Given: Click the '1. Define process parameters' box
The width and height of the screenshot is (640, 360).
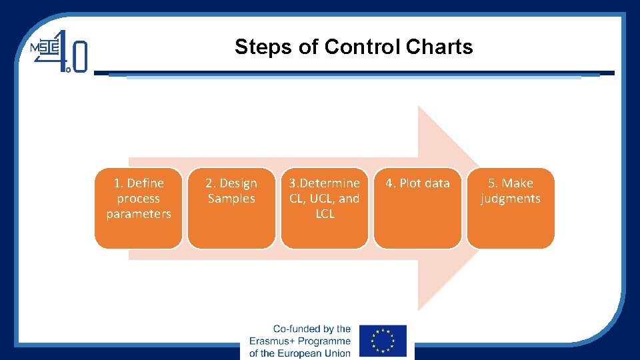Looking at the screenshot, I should pos(139,208).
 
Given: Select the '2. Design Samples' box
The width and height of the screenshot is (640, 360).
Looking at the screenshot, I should pos(231,208).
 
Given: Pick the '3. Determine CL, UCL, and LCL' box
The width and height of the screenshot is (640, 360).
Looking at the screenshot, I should pos(325,208).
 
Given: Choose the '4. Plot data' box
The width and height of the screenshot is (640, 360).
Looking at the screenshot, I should pos(417,208).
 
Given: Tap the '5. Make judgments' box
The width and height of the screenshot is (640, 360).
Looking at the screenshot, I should pos(511,208).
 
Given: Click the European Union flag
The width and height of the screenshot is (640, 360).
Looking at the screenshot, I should pos(383,341).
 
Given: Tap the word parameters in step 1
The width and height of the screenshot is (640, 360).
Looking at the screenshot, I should pos(139,214).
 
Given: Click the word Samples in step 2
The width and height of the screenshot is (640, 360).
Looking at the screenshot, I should pos(231,199).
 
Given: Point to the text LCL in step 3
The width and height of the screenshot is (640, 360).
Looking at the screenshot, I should pos(325,214).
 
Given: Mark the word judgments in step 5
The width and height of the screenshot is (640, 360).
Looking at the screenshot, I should pos(511,199).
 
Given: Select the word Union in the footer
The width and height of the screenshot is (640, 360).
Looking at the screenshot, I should pos(335,353).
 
